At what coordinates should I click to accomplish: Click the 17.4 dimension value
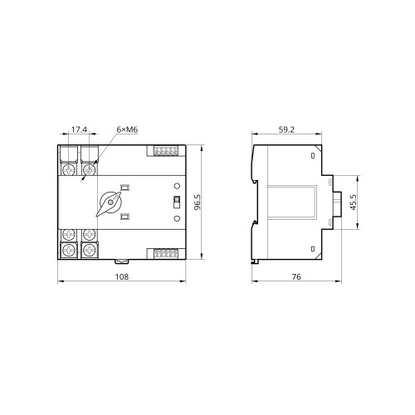(79, 129)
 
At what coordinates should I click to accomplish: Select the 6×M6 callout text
(127, 129)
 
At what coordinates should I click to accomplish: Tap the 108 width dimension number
(122, 276)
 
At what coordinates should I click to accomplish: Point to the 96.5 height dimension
(198, 202)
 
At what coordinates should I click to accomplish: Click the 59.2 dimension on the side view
(286, 129)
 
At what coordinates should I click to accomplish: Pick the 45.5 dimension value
(354, 202)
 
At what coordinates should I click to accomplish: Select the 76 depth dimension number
(296, 276)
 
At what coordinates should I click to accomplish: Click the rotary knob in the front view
(110, 203)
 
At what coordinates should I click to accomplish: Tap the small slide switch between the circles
(177, 202)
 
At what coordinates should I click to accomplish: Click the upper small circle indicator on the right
(177, 186)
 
